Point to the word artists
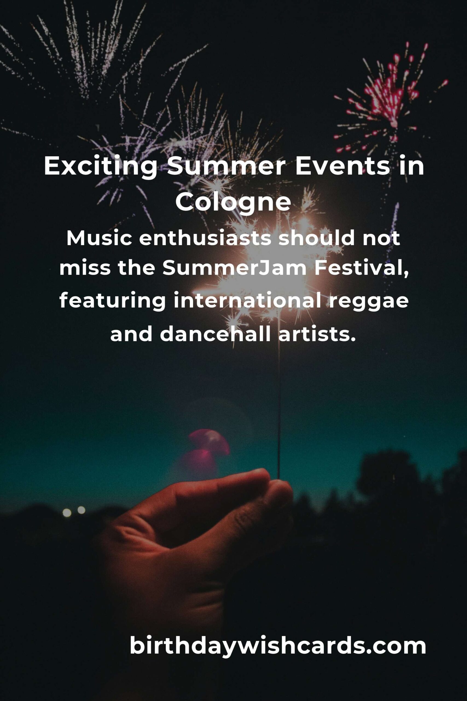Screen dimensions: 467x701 click(317, 334)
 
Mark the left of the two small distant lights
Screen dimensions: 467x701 click(67, 513)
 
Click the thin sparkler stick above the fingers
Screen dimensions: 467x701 click(279, 417)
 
